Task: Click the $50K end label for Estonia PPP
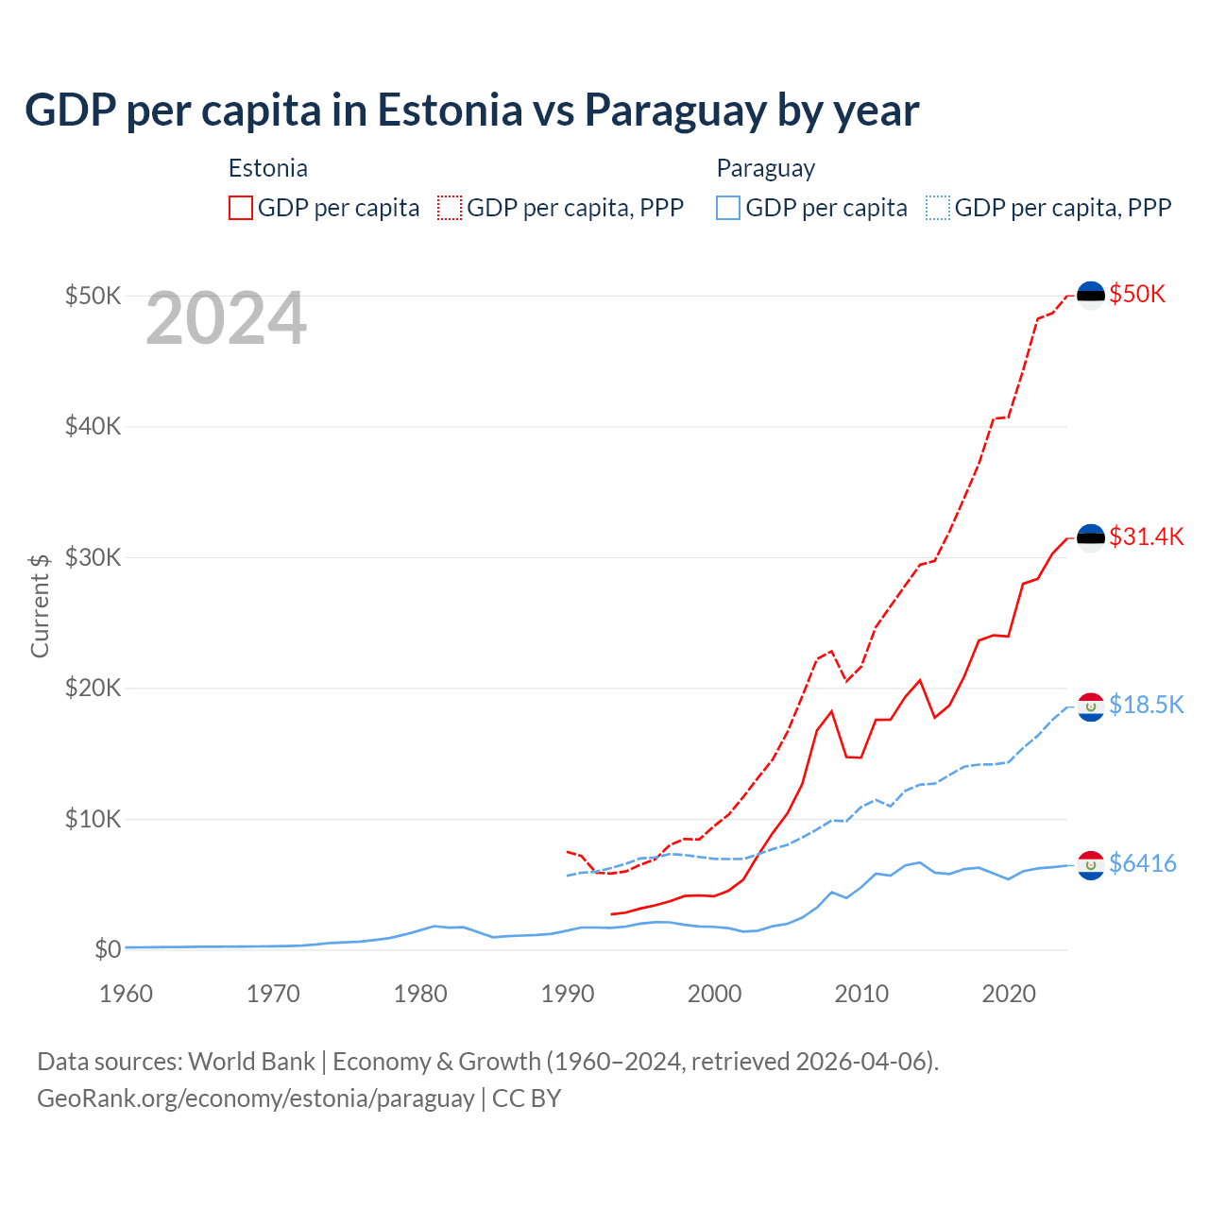click(x=1137, y=295)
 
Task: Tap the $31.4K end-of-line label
click(x=1146, y=537)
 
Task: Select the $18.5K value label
click(x=1146, y=706)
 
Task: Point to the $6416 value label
click(x=1143, y=864)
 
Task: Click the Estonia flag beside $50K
click(x=1091, y=296)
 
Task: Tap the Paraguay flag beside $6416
click(x=1091, y=865)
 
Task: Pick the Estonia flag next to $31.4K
click(x=1091, y=538)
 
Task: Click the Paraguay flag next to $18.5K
click(x=1091, y=707)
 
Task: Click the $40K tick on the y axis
click(x=93, y=427)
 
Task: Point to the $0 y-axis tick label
click(x=108, y=950)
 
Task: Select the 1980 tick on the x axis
click(x=420, y=995)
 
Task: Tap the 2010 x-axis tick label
click(x=861, y=995)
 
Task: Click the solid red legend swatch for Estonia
click(x=241, y=208)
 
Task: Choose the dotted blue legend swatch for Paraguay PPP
click(x=938, y=208)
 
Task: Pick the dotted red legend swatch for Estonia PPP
click(x=450, y=208)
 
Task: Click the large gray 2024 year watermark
click(x=227, y=319)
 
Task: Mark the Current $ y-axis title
click(x=40, y=605)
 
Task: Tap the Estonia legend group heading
click(x=268, y=169)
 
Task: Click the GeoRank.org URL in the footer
click(x=256, y=1099)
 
